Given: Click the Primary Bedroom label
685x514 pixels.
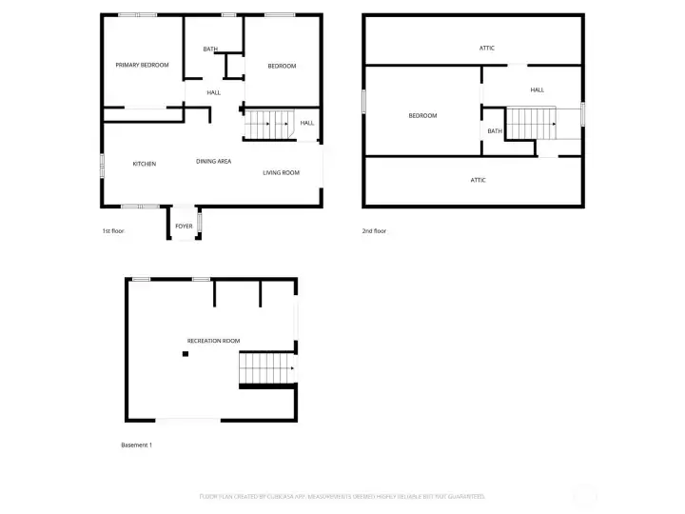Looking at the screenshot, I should pyautogui.click(x=142, y=65).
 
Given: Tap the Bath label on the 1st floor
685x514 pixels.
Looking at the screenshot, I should pyautogui.click(x=210, y=49).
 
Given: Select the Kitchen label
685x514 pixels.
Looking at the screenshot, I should pyautogui.click(x=145, y=164).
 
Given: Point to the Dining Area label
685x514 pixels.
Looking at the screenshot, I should pyautogui.click(x=214, y=161).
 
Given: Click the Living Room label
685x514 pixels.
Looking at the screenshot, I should pyautogui.click(x=281, y=172).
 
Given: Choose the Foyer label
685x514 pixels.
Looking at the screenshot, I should pyautogui.click(x=184, y=226).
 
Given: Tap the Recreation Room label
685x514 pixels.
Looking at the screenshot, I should pyautogui.click(x=213, y=340).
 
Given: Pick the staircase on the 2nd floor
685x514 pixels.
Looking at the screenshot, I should pyautogui.click(x=532, y=122).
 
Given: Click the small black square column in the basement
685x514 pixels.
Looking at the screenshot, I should pyautogui.click(x=186, y=354).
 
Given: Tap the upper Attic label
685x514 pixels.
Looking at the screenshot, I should pyautogui.click(x=486, y=48).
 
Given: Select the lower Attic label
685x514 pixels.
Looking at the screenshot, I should pyautogui.click(x=479, y=180).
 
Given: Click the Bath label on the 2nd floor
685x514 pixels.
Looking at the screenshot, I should pyautogui.click(x=495, y=131).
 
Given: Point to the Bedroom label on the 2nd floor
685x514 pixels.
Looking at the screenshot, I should pyautogui.click(x=422, y=115).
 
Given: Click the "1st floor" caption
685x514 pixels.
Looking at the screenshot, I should pyautogui.click(x=113, y=231).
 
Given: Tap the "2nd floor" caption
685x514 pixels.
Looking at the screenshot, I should pyautogui.click(x=375, y=231).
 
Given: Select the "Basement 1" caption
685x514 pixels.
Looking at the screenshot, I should pyautogui.click(x=136, y=445).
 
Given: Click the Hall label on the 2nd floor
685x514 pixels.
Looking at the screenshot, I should pyautogui.click(x=538, y=89).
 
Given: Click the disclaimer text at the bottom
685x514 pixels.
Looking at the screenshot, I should pyautogui.click(x=342, y=496).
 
